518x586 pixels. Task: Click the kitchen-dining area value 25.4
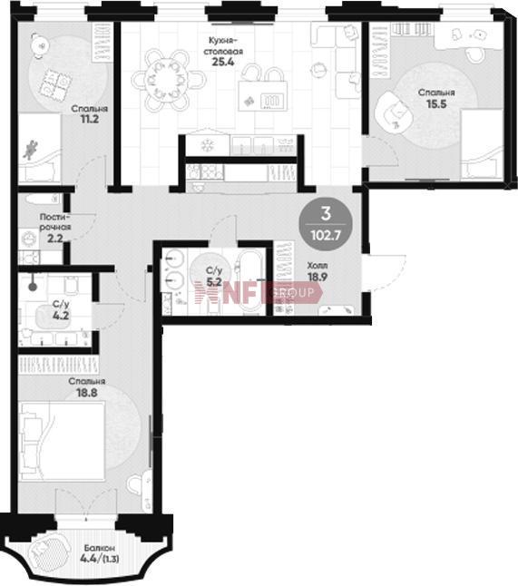coord(223,62)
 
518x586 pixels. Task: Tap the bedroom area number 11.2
coord(90,119)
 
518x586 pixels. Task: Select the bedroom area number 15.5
coord(436,103)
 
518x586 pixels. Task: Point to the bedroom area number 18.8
coord(87,393)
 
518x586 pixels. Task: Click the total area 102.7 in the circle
coord(326,236)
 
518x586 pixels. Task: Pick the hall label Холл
coord(318,266)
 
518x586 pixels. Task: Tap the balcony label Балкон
coord(99,548)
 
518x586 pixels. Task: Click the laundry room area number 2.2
coord(55,238)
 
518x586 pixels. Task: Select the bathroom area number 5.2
coord(214,282)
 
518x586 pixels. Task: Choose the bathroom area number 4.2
coord(61,316)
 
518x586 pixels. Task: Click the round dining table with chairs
coord(168,80)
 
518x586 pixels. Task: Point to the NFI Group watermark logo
coord(259,292)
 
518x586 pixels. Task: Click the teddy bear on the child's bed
coord(30,149)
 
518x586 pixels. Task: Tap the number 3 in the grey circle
coord(326,213)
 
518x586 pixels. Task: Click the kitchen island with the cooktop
coord(263,96)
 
